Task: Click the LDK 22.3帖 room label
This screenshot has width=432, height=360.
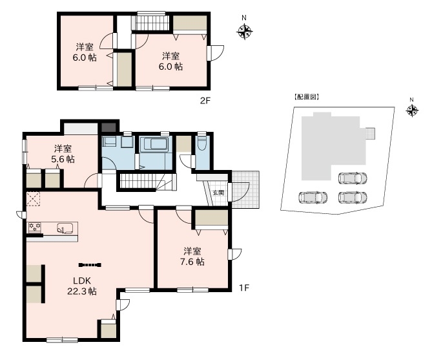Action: (82, 286)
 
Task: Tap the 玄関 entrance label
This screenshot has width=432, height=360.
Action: (218, 193)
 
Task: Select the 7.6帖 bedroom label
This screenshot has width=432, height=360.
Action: (192, 257)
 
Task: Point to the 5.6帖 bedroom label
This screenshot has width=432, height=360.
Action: (63, 154)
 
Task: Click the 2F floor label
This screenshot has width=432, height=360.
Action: (205, 100)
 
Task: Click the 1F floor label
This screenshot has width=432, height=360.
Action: (244, 288)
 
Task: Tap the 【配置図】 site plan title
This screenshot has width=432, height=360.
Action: (306, 97)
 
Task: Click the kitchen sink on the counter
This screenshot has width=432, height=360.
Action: (65, 228)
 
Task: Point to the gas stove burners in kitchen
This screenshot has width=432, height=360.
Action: (35, 227)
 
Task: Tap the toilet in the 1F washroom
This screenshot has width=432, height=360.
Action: (203, 143)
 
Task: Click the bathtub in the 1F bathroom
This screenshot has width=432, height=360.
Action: (154, 144)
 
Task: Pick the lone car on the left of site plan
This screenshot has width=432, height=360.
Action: (313, 197)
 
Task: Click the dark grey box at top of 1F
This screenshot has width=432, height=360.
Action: (108, 127)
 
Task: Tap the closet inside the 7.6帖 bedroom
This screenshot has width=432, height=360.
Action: (212, 218)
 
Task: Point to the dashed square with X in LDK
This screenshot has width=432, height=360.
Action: (34, 199)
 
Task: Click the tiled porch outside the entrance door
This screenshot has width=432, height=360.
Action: (245, 189)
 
